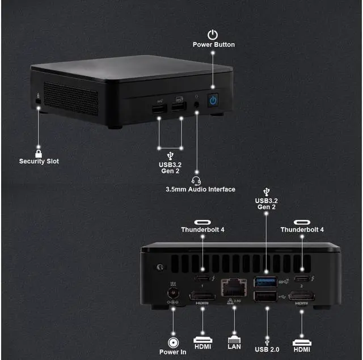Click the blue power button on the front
pos(213,100)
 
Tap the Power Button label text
pos(213,44)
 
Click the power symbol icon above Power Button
pos(213,35)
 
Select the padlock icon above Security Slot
pos(39,153)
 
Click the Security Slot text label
pos(39,162)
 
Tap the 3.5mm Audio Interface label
pos(200,189)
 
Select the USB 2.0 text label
pos(267,350)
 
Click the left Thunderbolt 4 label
pos(204,230)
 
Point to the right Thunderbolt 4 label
pos(302,230)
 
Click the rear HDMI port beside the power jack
pos(202,296)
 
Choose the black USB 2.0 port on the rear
pos(265,297)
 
